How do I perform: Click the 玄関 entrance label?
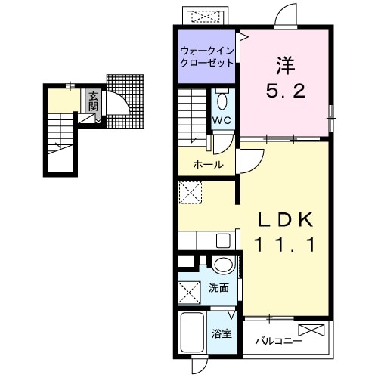(93, 101)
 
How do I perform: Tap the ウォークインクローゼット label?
(207, 57)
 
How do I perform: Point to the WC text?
(222, 120)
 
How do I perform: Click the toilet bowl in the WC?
(222, 101)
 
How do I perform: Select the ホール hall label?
(208, 165)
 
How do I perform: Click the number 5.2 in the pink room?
(286, 91)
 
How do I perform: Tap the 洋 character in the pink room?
(286, 66)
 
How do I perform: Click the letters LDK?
(285, 219)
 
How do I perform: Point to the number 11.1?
(285, 245)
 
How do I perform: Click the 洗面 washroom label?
(218, 288)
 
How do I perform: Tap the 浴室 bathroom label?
(222, 334)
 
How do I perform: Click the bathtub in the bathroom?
(192, 333)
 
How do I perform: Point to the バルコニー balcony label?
(279, 342)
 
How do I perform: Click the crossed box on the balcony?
(311, 330)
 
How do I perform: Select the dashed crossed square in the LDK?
(191, 192)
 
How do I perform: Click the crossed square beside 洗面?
(190, 293)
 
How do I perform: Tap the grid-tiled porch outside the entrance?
(125, 101)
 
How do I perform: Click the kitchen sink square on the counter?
(223, 240)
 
